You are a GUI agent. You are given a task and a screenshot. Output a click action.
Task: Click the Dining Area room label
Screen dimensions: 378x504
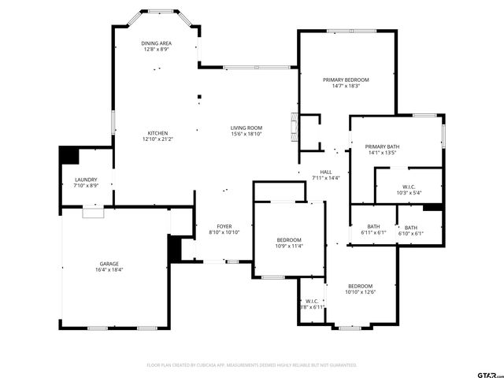coord(156,43)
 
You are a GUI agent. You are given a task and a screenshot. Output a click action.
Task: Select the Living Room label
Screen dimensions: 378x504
coord(246,128)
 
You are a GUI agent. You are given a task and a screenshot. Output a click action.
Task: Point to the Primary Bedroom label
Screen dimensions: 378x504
coord(346,80)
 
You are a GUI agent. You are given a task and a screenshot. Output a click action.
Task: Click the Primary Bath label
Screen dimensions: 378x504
coord(382,147)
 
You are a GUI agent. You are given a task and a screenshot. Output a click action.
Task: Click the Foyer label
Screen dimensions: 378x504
coord(223,227)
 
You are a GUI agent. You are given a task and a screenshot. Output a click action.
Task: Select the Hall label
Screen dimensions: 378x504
coord(325,172)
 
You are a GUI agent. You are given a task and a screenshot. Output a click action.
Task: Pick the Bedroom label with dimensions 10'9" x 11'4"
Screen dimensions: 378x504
coord(289,240)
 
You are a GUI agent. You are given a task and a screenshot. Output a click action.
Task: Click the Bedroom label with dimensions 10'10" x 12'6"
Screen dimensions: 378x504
coord(360,286)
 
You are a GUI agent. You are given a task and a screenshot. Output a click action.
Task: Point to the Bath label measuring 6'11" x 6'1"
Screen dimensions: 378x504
coord(373,228)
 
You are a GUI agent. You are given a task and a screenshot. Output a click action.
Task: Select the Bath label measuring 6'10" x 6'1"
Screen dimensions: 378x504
coord(411,228)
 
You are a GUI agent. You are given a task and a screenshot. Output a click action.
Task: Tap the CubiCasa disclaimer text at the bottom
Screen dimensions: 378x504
coord(252,365)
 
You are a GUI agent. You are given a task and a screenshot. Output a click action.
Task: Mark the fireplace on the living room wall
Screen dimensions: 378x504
coord(294,129)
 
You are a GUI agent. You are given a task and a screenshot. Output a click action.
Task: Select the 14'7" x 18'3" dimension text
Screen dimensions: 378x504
coord(346,86)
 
